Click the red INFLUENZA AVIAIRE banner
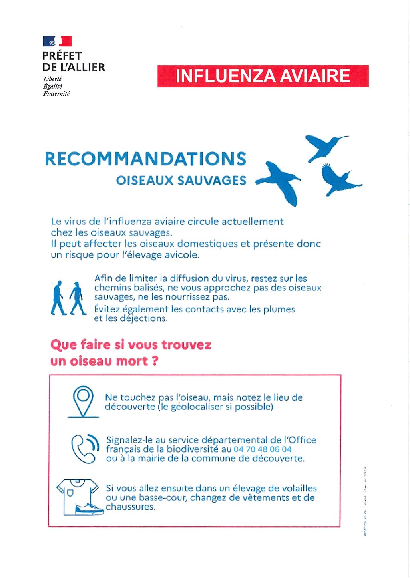coord(263,76)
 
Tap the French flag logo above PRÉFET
coord(57,41)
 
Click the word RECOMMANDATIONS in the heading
coord(145,159)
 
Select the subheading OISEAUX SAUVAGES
coord(181,181)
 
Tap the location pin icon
coord(83,401)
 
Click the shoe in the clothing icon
coord(89,509)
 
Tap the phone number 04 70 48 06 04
coord(263,449)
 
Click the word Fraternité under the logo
coord(56,94)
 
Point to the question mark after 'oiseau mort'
coord(155,361)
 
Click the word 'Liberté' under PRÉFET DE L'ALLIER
coord(52,79)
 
